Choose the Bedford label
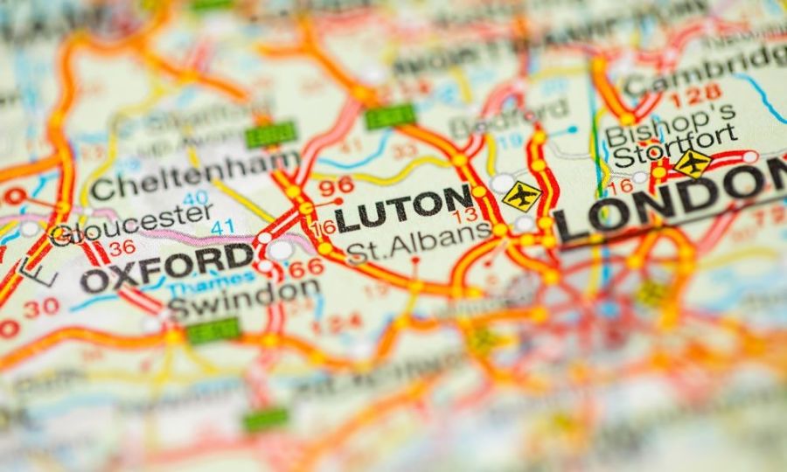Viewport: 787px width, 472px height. point(507,117)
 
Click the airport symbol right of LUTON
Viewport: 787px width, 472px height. point(521,196)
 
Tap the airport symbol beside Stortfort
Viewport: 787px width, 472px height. point(693,163)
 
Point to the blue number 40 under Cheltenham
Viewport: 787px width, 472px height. point(194,198)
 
